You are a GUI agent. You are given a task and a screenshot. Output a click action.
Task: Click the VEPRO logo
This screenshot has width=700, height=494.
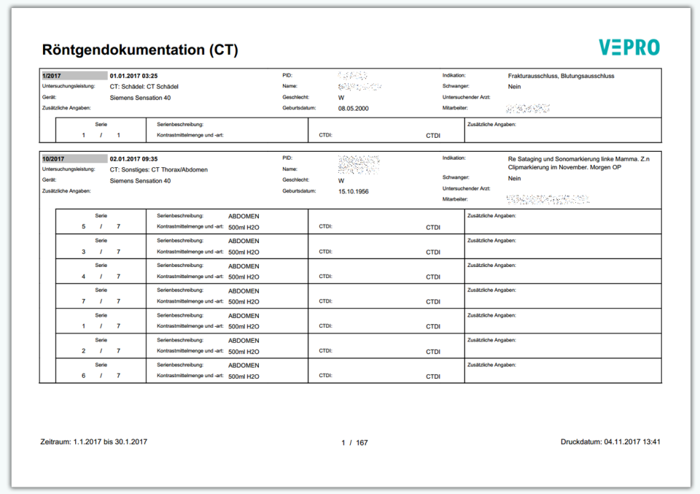[629, 47]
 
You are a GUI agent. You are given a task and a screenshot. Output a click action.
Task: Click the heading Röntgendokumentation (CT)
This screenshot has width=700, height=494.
[140, 50]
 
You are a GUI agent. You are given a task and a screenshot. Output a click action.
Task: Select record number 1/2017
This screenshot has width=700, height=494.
[51, 76]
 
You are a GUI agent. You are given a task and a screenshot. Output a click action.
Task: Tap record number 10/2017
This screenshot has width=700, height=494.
[53, 159]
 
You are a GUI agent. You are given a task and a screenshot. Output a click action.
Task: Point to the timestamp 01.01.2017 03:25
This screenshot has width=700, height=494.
[133, 76]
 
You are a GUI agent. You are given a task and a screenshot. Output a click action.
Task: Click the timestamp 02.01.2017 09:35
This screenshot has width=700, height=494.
[133, 159]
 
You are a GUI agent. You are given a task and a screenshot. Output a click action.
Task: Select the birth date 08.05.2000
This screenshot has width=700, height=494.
[354, 108]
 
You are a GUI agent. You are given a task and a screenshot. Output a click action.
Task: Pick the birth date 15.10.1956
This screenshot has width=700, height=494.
[354, 191]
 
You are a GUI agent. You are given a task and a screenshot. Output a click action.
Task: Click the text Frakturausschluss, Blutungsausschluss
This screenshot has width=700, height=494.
[561, 76]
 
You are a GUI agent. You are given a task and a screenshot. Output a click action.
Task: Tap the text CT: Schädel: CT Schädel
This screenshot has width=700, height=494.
[144, 86]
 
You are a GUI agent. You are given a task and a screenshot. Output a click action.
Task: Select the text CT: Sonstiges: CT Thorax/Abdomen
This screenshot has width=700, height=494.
[158, 170]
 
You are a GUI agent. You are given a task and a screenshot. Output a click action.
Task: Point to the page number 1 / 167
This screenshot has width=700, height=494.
[354, 443]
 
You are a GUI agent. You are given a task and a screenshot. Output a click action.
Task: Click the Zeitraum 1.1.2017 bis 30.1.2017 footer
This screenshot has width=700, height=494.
[95, 442]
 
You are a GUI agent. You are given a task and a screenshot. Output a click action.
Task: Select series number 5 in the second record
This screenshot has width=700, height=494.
[84, 227]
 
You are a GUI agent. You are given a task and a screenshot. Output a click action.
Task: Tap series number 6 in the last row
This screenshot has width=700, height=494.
[84, 376]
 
